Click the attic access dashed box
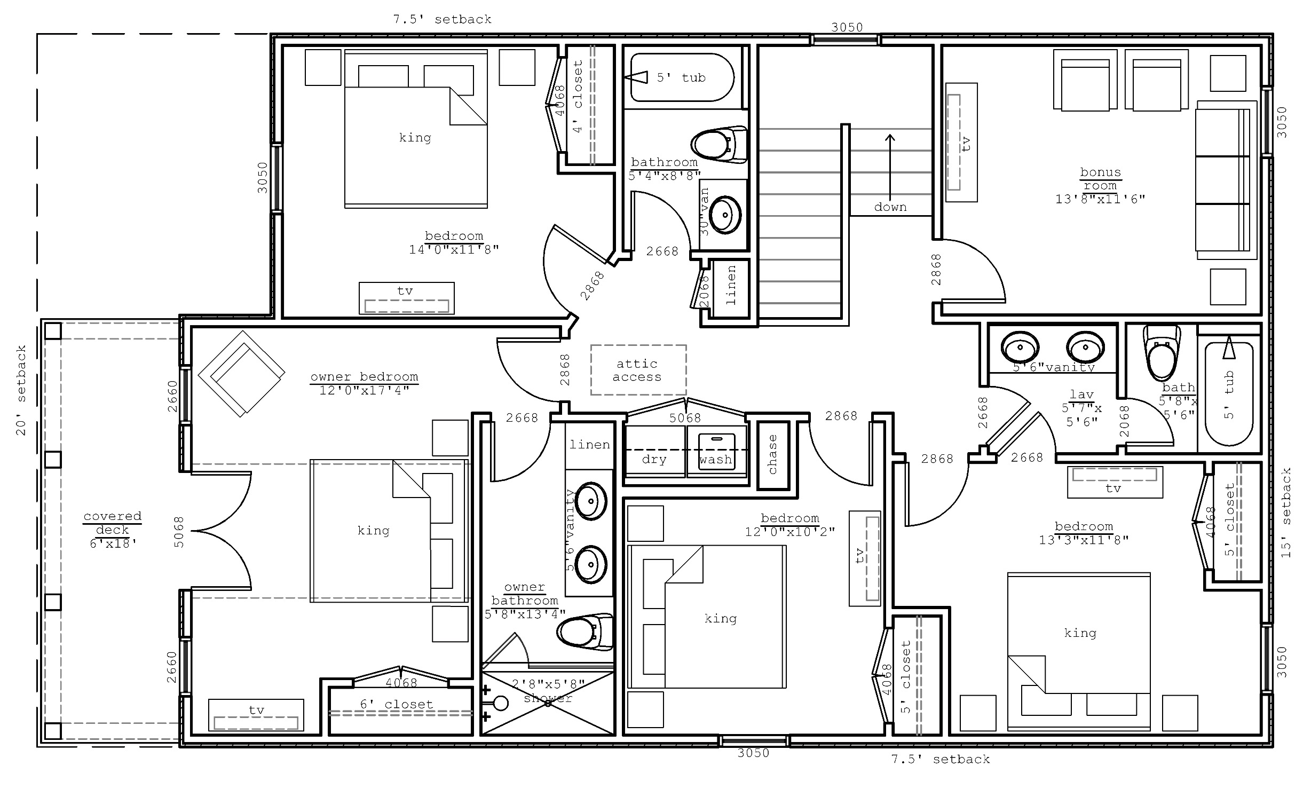click(x=638, y=370)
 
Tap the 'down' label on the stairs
click(x=890, y=207)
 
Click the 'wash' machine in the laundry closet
click(x=716, y=453)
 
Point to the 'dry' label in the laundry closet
click(x=654, y=460)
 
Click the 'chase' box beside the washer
click(x=773, y=455)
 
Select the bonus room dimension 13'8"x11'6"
click(x=1100, y=199)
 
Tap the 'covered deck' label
click(x=112, y=523)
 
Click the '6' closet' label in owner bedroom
click(x=396, y=704)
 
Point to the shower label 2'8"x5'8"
click(x=548, y=684)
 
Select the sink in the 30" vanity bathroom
click(x=725, y=215)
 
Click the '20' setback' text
click(x=21, y=390)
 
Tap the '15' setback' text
click(x=1286, y=513)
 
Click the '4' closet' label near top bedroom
click(x=578, y=97)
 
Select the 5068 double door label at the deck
click(x=179, y=532)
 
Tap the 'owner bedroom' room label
click(x=364, y=377)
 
